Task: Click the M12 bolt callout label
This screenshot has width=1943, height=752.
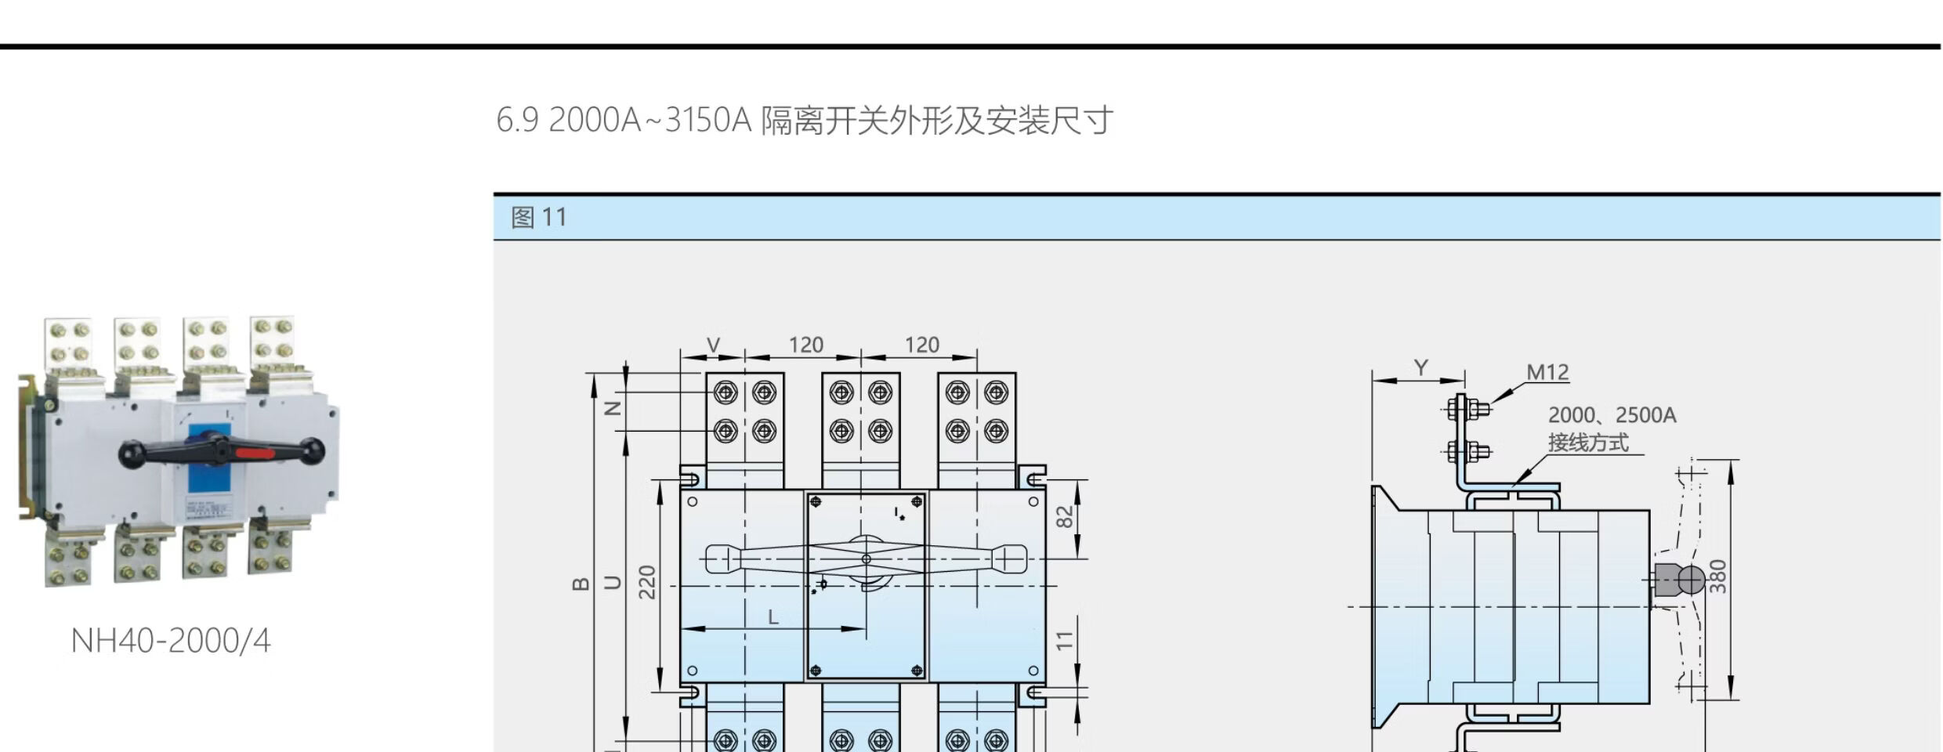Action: tap(1547, 372)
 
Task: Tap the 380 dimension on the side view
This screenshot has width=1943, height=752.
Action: tap(1717, 576)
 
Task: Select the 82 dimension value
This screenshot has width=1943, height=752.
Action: tap(1065, 517)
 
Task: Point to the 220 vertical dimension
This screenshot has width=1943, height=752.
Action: tap(647, 582)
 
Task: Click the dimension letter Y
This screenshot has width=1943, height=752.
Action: tap(1421, 367)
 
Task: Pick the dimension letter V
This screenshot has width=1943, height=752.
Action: tap(713, 345)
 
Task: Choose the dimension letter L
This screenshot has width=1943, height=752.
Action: tap(773, 617)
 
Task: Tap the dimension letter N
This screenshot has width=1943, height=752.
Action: tap(615, 408)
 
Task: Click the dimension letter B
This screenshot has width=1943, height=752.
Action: tap(581, 583)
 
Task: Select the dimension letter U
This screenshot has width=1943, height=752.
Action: tap(614, 582)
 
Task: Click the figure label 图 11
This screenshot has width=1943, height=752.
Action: tap(539, 217)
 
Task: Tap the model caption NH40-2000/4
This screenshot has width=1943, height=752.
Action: tap(171, 641)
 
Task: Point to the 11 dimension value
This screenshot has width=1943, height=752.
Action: tap(1064, 640)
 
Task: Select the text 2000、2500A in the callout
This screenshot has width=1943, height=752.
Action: tap(1612, 415)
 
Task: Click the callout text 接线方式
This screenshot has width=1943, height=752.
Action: tap(1588, 443)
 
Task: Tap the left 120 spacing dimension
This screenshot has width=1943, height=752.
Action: tap(805, 345)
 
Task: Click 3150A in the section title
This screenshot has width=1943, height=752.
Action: tap(707, 121)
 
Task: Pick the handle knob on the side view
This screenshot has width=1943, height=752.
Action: tap(1690, 580)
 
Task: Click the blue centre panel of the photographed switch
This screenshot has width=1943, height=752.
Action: tap(208, 470)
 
